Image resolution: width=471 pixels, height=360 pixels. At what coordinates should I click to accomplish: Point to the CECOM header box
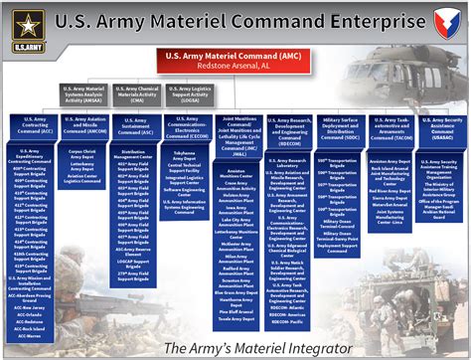pos(186,126)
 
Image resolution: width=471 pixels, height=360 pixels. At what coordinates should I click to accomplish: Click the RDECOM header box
pos(289,126)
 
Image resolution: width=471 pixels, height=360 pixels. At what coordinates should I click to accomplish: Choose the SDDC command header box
pos(341,126)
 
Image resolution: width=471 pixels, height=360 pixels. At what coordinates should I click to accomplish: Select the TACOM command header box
pos(392,126)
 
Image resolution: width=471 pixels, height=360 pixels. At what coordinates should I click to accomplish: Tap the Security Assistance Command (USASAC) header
pos(443,126)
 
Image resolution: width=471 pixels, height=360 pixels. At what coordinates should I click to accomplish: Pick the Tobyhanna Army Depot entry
pos(186,155)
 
